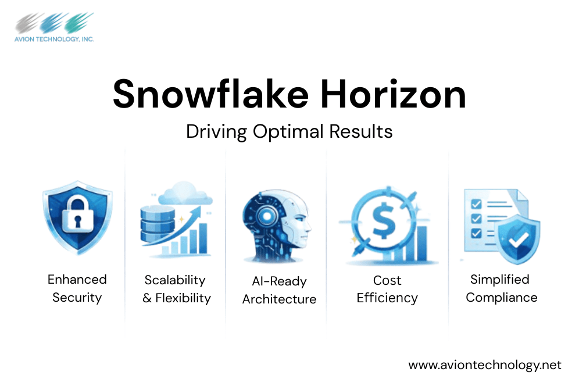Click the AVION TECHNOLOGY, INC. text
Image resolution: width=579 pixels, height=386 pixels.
click(55, 39)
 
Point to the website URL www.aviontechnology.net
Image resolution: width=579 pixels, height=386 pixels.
click(485, 365)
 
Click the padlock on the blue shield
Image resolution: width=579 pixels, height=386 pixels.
click(77, 215)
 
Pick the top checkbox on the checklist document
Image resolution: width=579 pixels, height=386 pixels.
click(475, 205)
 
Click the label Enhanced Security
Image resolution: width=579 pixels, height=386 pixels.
click(77, 288)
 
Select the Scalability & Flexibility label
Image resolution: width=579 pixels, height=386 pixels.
click(177, 289)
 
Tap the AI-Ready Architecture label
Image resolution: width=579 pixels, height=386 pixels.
click(279, 290)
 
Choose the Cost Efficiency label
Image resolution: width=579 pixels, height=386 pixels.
click(387, 289)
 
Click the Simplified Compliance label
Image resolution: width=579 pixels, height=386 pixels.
click(501, 288)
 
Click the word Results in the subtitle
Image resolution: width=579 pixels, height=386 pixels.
click(360, 131)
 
